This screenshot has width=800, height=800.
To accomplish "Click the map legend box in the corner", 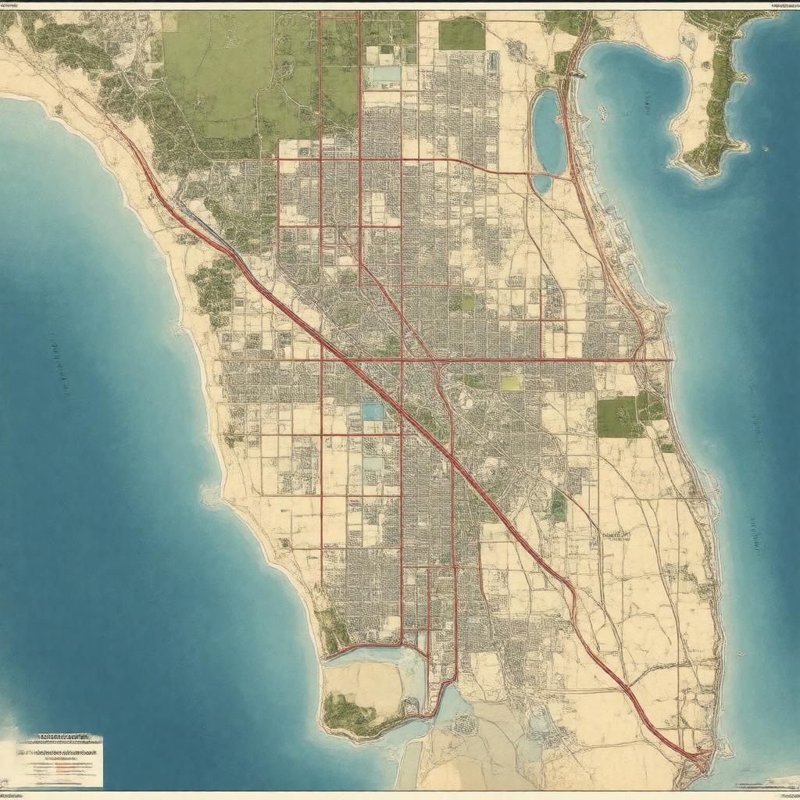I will (x=60, y=760).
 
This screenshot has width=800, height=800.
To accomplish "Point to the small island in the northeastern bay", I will (x=602, y=113).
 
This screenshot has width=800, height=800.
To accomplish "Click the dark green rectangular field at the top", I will (x=461, y=34).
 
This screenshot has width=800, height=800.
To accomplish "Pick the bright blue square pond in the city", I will (x=373, y=412).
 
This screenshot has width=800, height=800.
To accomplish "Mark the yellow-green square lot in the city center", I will (x=511, y=382).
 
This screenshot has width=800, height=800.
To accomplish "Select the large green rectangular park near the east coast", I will (x=617, y=416).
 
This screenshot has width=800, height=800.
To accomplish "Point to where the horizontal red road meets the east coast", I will (x=670, y=359).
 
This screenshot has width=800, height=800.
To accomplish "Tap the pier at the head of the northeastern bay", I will (x=579, y=74).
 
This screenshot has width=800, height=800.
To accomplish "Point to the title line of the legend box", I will (x=62, y=737).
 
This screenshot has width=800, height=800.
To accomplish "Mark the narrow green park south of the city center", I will (x=558, y=506).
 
